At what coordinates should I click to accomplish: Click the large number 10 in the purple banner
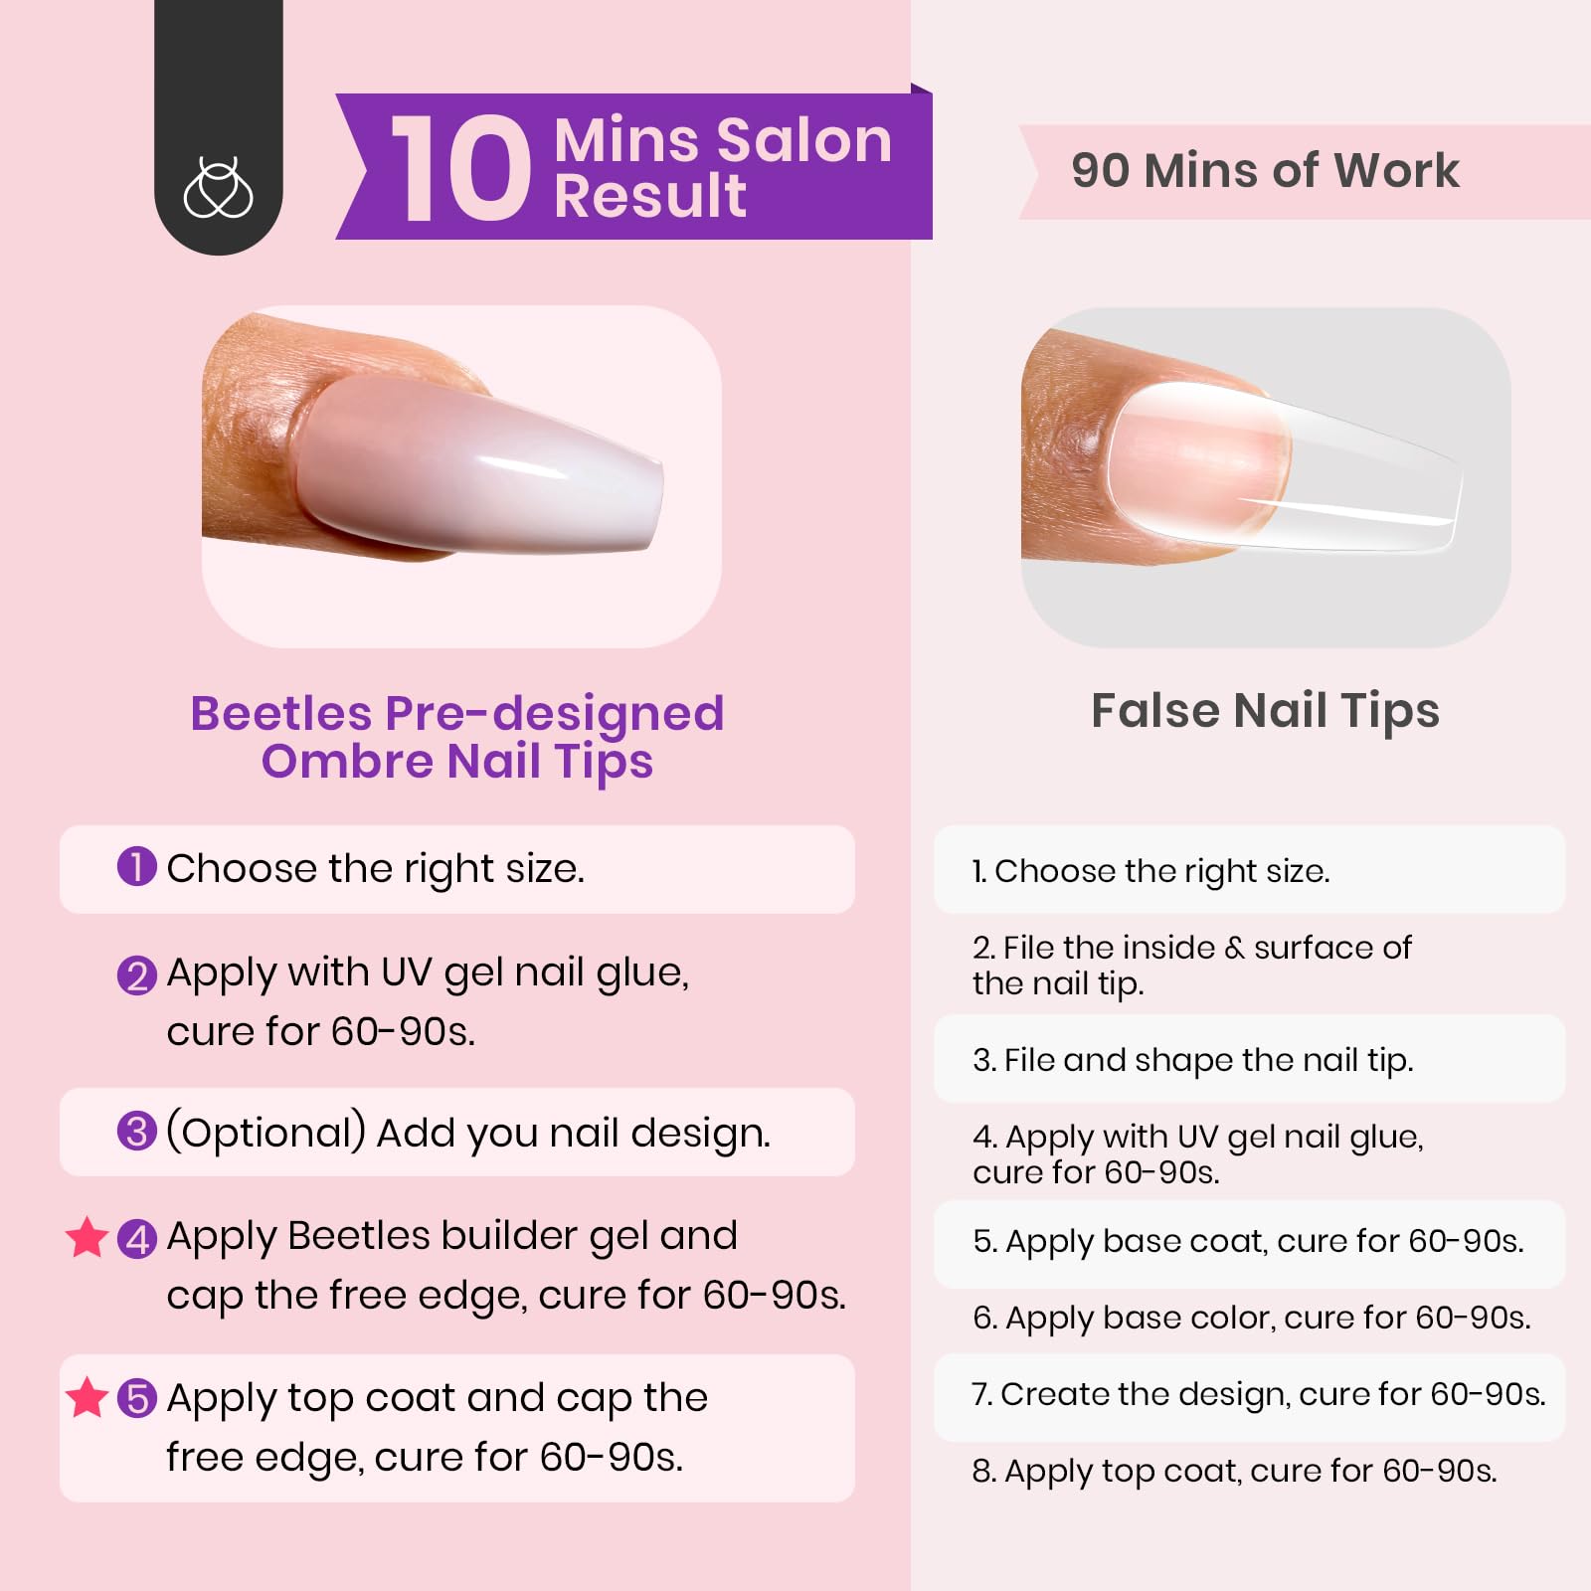[x=459, y=167]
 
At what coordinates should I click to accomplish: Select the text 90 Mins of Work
[x=1265, y=170]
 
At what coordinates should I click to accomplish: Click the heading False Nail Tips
[x=1265, y=711]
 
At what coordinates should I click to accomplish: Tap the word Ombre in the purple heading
[x=347, y=762]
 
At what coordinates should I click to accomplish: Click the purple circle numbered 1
[x=136, y=866]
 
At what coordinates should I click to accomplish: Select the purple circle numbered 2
[x=136, y=975]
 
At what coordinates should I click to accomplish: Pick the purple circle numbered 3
[x=136, y=1132]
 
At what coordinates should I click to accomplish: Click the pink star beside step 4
[x=87, y=1237]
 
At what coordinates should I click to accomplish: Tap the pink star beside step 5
[x=87, y=1397]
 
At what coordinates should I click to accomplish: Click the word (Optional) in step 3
[x=265, y=1133]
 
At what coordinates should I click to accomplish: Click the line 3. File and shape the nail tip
[x=1192, y=1060]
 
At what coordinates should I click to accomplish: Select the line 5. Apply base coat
[x=1247, y=1241]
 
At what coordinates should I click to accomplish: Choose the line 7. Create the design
[x=1258, y=1394]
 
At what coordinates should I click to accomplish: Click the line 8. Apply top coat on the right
[x=1234, y=1471]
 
